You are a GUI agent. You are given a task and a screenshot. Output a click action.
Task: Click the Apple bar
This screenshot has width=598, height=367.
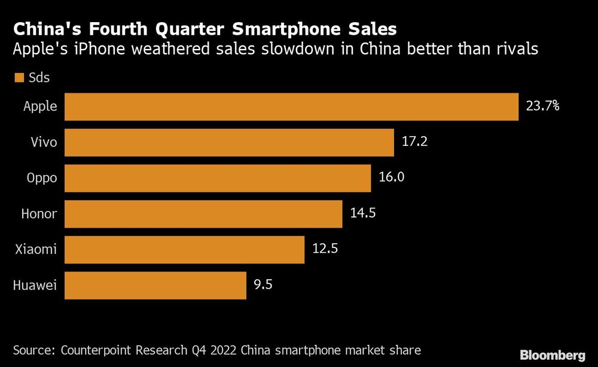coord(291,107)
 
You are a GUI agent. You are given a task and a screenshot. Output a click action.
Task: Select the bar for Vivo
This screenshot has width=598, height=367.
coord(229,142)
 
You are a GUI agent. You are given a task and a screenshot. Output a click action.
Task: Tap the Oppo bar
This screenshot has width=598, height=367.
coord(218,178)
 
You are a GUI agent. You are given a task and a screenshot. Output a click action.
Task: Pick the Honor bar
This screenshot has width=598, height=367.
coord(203,214)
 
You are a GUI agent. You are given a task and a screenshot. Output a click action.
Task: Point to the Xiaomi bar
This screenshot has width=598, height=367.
coord(184,249)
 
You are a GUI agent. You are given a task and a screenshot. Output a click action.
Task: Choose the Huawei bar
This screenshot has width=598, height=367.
coord(155,285)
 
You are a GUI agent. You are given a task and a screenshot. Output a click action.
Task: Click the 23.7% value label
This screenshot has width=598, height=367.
coord(542,107)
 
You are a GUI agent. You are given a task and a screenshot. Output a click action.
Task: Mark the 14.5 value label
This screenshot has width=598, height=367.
coord(362,213)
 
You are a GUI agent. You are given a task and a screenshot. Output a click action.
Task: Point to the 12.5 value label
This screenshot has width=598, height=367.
coord(326,249)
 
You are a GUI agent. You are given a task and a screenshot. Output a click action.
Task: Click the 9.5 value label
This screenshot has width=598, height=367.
coord(263,285)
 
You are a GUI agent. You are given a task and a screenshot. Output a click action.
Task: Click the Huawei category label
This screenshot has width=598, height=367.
coord(35,286)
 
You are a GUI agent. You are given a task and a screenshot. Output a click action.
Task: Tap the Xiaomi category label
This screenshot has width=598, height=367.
coord(36,249)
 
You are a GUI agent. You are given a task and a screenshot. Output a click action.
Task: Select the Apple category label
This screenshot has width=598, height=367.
coord(40,107)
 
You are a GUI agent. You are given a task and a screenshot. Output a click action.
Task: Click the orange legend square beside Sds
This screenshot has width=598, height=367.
coord(18,78)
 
